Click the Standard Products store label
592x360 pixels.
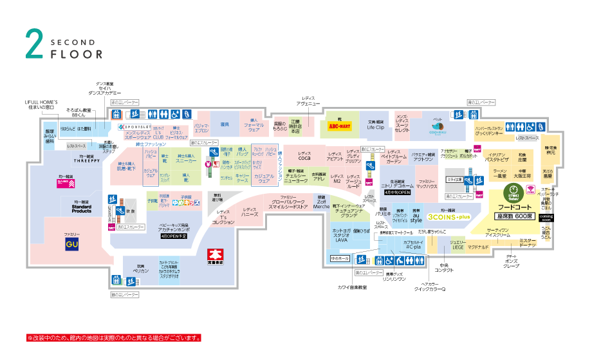[x=81, y=207]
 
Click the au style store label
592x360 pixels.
[x=416, y=217]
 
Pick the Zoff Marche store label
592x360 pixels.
[x=321, y=203]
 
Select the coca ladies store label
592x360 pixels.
[x=304, y=156]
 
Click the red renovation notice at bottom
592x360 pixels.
[x=114, y=337]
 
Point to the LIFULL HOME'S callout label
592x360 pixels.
[x=42, y=104]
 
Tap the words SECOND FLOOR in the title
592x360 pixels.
[x=76, y=49]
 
